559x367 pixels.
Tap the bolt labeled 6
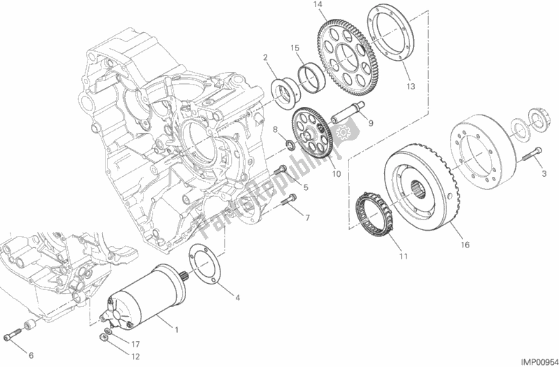click(13, 334)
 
